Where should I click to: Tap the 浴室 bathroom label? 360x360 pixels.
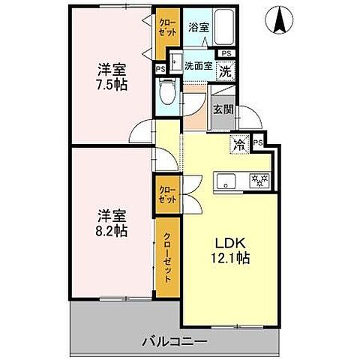click(197, 27)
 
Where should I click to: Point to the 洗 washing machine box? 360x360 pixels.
click(225, 72)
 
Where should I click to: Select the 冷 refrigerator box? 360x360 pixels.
click(239, 143)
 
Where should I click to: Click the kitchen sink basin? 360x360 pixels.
click(227, 181)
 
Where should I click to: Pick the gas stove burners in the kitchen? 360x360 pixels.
click(259, 181)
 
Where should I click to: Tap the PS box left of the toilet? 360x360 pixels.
click(160, 68)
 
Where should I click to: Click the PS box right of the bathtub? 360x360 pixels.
click(226, 53)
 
